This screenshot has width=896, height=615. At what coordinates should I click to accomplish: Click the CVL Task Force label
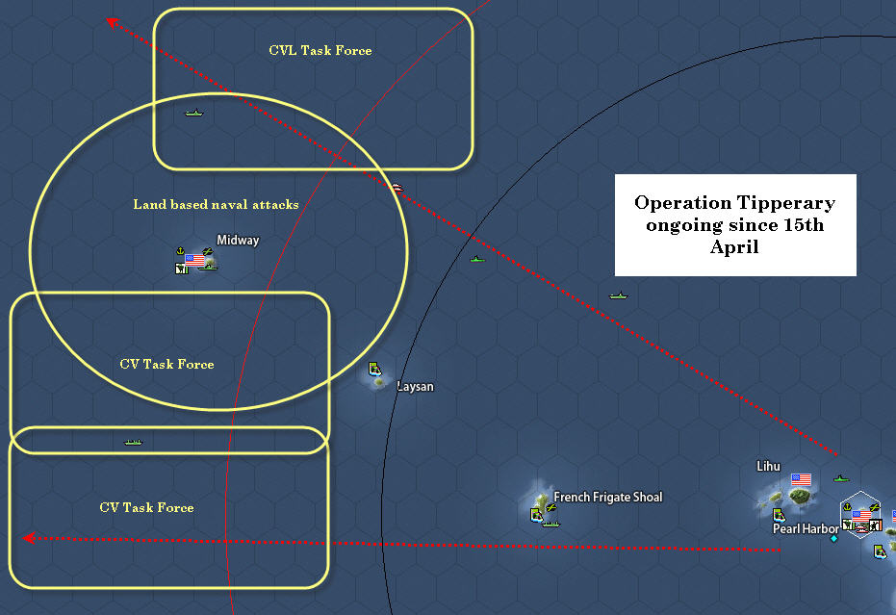pos(320,50)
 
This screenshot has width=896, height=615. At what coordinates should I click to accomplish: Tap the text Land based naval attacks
pos(216,204)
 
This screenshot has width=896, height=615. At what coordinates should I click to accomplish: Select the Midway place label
pos(237,241)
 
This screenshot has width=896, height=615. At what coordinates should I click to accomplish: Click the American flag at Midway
pos(195,260)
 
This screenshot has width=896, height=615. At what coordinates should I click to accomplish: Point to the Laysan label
pos(415,387)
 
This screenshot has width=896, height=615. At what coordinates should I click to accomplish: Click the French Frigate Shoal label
pos(607,498)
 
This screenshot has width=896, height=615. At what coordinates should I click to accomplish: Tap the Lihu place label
pos(768,467)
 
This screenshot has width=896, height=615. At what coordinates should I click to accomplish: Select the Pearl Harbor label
pos(805,528)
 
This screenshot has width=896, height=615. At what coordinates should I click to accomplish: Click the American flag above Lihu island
pos(801,478)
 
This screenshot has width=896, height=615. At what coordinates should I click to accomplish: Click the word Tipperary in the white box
pos(785,203)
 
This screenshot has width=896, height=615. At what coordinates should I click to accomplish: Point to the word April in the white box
pos(735,246)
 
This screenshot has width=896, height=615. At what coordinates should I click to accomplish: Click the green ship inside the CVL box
pos(194,114)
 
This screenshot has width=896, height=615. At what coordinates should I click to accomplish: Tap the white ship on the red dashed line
pos(397,187)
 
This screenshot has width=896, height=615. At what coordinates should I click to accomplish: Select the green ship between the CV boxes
pos(133,442)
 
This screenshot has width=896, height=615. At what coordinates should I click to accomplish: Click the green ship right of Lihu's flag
pos(841,477)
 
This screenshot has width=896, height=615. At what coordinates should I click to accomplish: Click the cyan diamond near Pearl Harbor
pos(833,538)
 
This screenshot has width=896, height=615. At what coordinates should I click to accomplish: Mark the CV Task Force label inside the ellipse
pos(166,365)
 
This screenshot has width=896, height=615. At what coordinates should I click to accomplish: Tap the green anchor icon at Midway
pos(180,252)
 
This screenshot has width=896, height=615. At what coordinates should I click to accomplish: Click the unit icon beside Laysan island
pos(374,369)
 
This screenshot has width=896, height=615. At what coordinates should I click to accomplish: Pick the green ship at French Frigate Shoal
pos(550,524)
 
